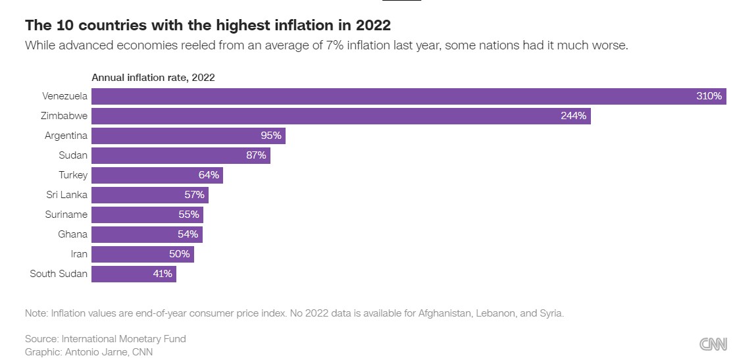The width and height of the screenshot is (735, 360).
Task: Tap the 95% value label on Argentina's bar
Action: (271, 136)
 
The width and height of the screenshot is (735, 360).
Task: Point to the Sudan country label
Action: (73, 156)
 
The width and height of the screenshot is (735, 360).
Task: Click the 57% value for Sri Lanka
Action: (195, 195)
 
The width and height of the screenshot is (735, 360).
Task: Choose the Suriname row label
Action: (65, 215)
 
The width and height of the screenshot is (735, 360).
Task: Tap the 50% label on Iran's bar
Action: (180, 254)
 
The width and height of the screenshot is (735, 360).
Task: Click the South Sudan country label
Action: (59, 274)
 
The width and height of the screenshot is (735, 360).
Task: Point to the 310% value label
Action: (709, 96)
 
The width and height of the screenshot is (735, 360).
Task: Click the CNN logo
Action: (713, 344)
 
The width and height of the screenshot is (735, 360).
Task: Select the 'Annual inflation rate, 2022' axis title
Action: (153, 78)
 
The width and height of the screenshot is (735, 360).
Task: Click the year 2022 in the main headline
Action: (372, 26)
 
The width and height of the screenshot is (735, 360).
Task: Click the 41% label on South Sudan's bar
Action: (163, 274)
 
